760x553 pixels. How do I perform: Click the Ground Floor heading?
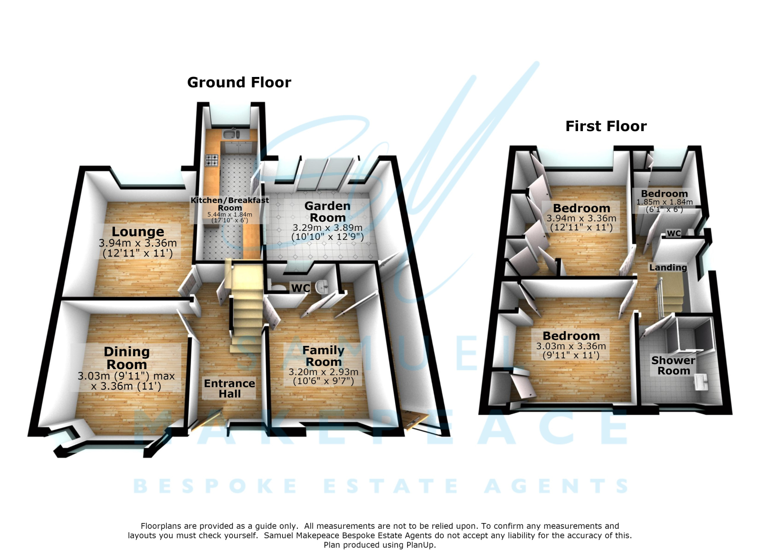pos(239,83)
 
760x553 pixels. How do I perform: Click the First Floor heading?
pos(606,126)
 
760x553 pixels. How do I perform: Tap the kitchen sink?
pos(231,134)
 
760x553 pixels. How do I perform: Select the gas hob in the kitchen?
pos(212,160)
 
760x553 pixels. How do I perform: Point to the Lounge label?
pos(138,231)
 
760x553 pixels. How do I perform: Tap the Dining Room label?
pos(126,358)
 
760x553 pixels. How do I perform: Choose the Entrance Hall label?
pos(229,389)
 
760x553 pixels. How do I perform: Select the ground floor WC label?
pos(301,288)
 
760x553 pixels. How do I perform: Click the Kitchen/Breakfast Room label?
pos(230,204)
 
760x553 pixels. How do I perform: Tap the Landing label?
pos(668,267)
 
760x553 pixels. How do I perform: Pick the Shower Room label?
pos(674,365)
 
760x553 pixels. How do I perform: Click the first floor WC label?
pos(674,233)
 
